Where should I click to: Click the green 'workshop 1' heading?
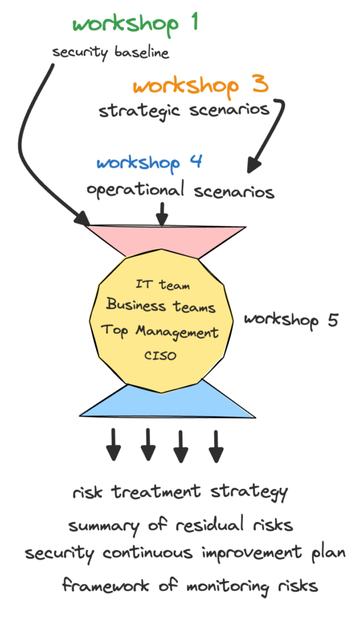coord(135,24)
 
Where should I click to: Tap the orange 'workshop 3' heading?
coord(200,85)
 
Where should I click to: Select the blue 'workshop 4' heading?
coord(149,163)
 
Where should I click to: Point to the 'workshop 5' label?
coord(291,320)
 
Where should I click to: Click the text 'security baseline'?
coord(110,53)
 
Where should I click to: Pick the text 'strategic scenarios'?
coord(184,111)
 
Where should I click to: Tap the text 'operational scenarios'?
coord(181,191)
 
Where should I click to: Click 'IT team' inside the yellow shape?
coord(163,284)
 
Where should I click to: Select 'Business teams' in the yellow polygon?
coord(160,306)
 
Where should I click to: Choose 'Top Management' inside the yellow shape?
coord(160,332)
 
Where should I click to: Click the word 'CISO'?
coord(160,355)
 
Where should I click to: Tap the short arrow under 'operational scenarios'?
coord(161,214)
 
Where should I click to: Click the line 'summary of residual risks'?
coord(181,525)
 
